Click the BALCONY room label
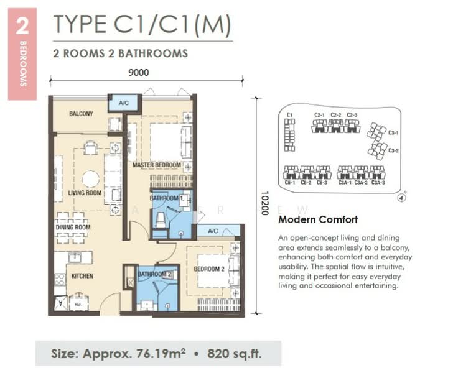(x=81, y=114)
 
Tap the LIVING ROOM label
(x=84, y=193)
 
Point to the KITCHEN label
(x=82, y=275)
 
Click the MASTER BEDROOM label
(x=156, y=165)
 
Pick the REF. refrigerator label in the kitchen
(x=78, y=305)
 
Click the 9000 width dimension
(x=139, y=72)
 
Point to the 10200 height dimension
(x=264, y=203)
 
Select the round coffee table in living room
(x=90, y=179)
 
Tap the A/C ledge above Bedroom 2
(x=213, y=231)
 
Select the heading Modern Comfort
(x=318, y=220)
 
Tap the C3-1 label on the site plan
(x=393, y=132)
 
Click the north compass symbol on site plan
(x=401, y=198)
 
